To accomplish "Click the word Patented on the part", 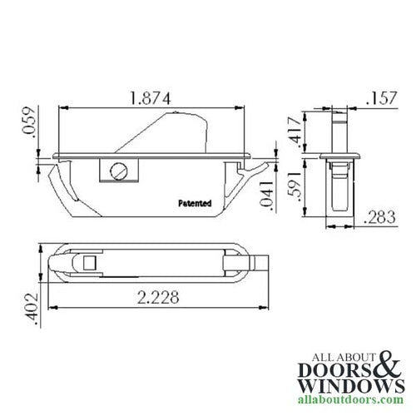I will click(195, 202).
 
